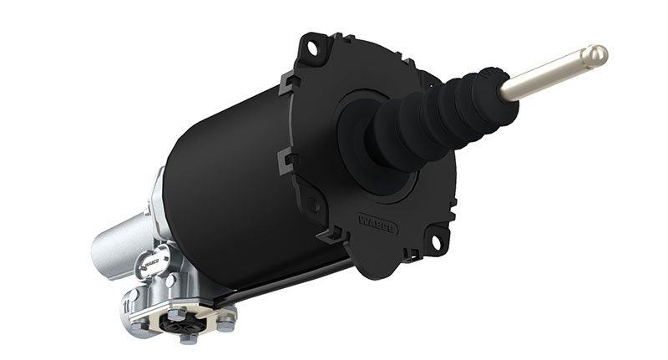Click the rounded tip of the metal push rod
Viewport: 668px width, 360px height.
(595, 57)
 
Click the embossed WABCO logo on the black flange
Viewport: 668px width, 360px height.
(377, 224)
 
